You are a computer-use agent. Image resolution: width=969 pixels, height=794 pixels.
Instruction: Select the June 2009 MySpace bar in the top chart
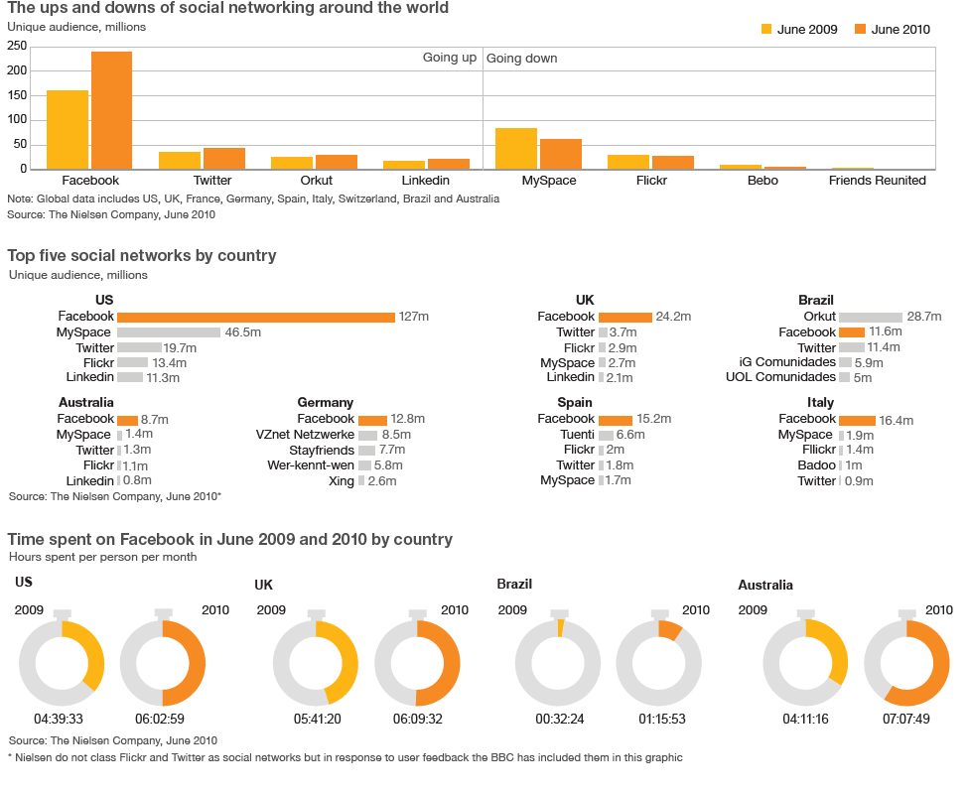pos(515,149)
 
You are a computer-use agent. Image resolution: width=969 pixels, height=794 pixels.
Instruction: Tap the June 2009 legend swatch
pos(765,29)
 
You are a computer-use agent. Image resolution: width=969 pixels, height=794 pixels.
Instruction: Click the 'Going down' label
pos(521,59)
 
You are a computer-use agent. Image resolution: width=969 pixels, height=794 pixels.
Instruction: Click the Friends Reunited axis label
pos(878,181)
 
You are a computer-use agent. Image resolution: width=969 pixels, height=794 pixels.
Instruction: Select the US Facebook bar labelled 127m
pos(256,317)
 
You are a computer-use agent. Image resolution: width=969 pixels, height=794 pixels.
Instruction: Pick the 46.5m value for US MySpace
pos(242,332)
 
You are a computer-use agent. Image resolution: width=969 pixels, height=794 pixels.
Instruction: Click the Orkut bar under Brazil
pos(871,317)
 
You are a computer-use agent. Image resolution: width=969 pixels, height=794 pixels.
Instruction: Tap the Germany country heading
pos(325,403)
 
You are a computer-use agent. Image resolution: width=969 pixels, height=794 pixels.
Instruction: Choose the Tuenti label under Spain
pos(578,435)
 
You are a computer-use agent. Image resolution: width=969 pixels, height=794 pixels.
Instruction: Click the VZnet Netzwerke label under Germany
pos(305,435)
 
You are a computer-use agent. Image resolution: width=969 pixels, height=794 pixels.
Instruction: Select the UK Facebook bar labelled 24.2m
pos(624,317)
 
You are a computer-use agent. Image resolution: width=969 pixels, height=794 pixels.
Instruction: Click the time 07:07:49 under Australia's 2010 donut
pos(905,719)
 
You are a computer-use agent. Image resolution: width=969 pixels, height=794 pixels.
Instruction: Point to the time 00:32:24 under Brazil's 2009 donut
pos(559,719)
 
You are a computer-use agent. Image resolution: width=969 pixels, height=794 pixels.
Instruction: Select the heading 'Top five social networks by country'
pos(142,256)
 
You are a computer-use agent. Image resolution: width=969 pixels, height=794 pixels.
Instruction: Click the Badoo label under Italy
pos(816,465)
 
